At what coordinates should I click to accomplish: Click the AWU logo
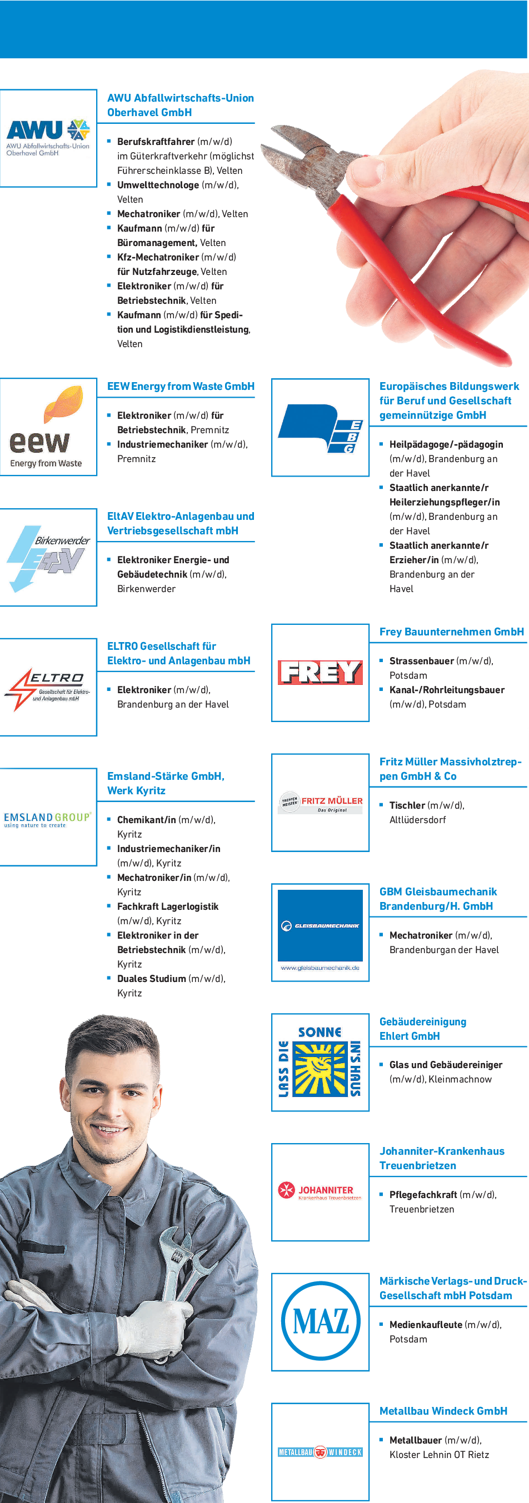click(48, 138)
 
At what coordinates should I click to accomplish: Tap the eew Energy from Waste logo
click(46, 427)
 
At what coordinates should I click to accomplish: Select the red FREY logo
click(320, 672)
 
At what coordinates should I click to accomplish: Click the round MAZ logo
click(320, 1321)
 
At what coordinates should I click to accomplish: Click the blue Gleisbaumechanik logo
click(320, 925)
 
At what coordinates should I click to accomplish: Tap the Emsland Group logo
click(47, 819)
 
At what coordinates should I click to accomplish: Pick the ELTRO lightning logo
click(47, 689)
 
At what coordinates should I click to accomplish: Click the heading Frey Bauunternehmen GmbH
click(451, 632)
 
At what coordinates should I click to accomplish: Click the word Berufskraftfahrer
click(156, 142)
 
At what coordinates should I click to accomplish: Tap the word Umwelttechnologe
click(158, 185)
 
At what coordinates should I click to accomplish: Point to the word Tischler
click(407, 805)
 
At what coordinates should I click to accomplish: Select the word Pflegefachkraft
click(423, 1194)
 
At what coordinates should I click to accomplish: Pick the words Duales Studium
click(151, 979)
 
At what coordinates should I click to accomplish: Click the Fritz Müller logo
click(320, 803)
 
